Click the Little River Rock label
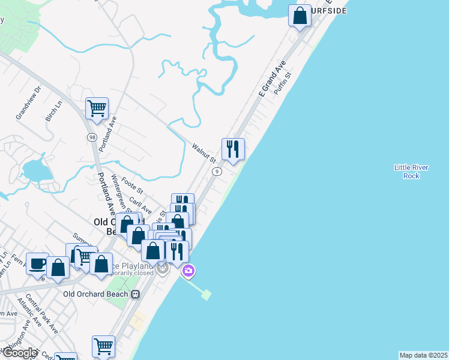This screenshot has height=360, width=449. [411, 171]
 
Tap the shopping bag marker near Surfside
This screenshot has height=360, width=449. [300, 16]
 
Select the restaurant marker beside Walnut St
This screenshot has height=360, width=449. [233, 149]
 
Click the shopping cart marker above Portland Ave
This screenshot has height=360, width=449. [97, 109]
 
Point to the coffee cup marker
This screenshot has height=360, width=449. [37, 263]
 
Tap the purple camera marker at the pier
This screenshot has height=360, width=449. [188, 271]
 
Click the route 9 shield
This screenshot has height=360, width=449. [217, 172]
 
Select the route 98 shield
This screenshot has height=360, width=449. [92, 137]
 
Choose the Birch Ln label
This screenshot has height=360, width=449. [54, 111]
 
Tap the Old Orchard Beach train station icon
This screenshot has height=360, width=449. [136, 295]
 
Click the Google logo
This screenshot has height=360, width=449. [20, 353]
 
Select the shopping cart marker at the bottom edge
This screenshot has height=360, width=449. [103, 346]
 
